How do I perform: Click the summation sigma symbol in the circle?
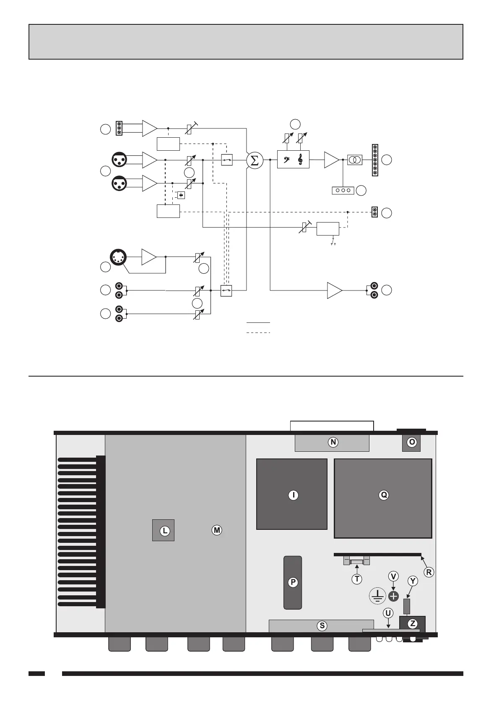(254, 160)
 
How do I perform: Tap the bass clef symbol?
(286, 160)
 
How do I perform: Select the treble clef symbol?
(300, 160)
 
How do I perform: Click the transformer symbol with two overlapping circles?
(355, 160)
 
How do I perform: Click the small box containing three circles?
(343, 191)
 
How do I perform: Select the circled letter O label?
(412, 442)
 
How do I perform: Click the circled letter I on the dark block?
(293, 495)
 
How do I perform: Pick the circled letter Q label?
(383, 495)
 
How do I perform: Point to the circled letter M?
(216, 530)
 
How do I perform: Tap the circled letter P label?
(293, 582)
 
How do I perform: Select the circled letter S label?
(322, 626)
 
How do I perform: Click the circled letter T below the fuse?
(357, 579)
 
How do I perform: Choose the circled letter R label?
(429, 572)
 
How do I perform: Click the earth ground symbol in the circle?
(377, 596)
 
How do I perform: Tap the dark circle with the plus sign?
(393, 596)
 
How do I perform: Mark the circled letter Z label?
(413, 623)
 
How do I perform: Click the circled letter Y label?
(413, 581)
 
